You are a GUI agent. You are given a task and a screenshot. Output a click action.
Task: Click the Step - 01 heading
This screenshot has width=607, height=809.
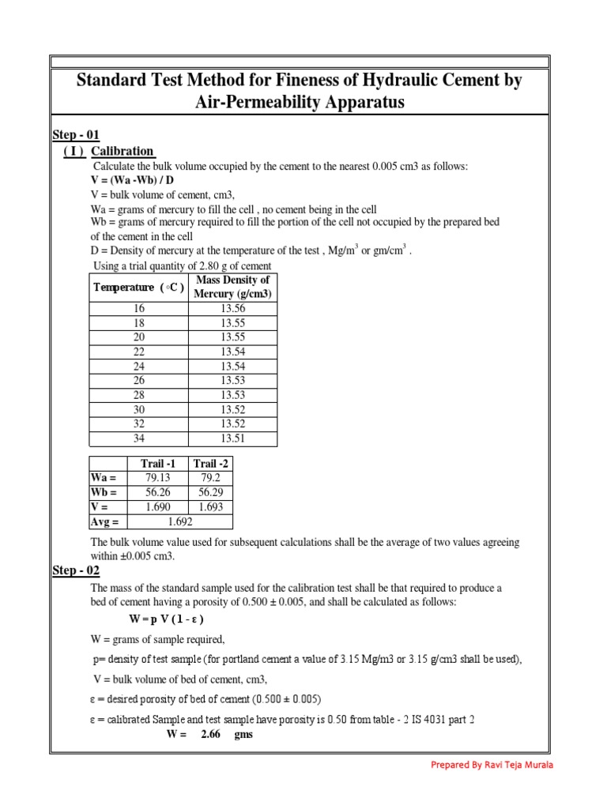pos(76,134)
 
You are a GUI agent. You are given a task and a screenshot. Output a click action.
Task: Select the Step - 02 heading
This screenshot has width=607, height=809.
pos(76,570)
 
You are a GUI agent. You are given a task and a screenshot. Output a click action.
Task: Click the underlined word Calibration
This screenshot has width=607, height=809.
pos(123,151)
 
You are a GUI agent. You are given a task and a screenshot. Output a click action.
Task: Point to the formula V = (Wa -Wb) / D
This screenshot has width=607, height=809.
pos(132,180)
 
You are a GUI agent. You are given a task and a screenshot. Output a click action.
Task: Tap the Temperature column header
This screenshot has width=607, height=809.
pos(138,287)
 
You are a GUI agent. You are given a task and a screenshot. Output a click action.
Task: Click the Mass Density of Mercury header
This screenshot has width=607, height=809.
pos(232,287)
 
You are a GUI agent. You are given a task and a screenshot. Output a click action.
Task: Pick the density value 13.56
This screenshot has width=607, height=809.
pos(232,309)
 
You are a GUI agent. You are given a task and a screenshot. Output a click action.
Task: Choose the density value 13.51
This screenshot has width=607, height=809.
pos(232,438)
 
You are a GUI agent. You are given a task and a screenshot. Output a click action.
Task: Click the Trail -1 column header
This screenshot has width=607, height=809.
pos(158,463)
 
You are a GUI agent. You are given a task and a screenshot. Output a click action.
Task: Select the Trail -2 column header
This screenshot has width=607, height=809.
pos(211,463)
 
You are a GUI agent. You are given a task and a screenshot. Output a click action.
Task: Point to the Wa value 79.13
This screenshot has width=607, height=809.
pos(158,477)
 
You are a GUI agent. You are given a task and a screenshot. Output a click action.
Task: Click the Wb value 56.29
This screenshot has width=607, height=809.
pos(211,491)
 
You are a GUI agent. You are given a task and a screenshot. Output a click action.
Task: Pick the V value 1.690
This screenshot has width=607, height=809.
pos(158,506)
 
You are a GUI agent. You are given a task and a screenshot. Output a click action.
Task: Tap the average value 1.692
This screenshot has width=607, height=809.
pos(180,521)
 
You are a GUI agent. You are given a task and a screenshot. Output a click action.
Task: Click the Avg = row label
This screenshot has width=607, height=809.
pos(105,521)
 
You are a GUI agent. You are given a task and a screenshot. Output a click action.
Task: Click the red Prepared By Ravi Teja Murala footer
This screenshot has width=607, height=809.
pos(492,765)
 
